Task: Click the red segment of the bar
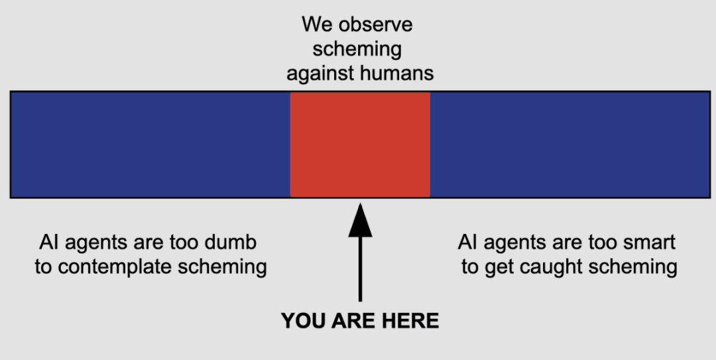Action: click(360, 145)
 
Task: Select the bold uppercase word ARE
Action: click(352, 322)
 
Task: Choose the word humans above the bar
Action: click(398, 73)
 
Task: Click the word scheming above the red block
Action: click(357, 50)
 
